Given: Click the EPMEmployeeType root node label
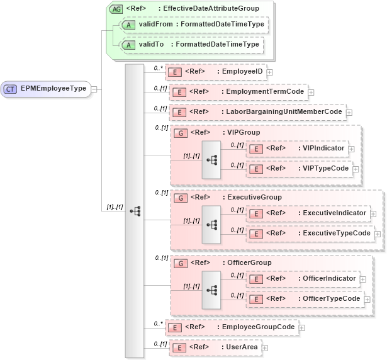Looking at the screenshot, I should [x=53, y=89].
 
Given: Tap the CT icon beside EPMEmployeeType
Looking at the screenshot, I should [x=11, y=89].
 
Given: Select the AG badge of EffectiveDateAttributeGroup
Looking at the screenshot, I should [x=116, y=9].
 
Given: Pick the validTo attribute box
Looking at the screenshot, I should [x=189, y=45].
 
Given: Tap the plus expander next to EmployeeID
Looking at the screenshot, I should [x=269, y=72].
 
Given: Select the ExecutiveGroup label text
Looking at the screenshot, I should [x=254, y=197].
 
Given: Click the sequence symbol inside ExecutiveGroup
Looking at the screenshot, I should [x=211, y=224].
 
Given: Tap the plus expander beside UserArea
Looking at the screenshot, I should [x=264, y=347].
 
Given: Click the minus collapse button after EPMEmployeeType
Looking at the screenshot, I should [x=94, y=89].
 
